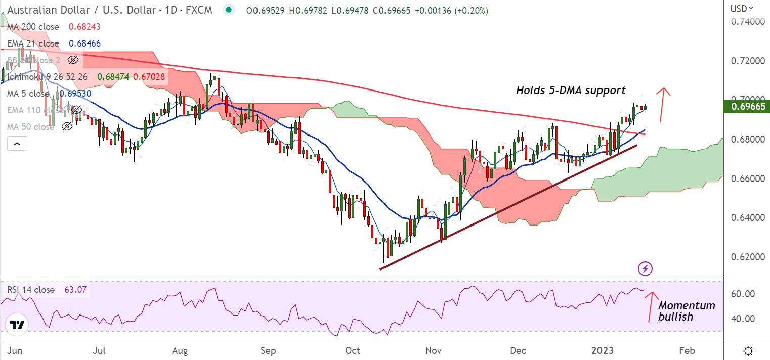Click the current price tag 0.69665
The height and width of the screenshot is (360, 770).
pyautogui.click(x=746, y=106)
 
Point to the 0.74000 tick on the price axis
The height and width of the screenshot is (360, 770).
pyautogui.click(x=746, y=22)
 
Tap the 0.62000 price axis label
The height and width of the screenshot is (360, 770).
pyautogui.click(x=746, y=257)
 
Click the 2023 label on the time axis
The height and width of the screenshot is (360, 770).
pyautogui.click(x=603, y=350)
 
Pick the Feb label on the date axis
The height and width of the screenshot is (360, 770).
pyautogui.click(x=687, y=350)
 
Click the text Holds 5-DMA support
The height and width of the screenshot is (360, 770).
pyautogui.click(x=571, y=91)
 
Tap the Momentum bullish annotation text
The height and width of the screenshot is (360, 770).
pyautogui.click(x=686, y=311)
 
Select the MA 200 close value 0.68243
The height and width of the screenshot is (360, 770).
pyautogui.click(x=84, y=27)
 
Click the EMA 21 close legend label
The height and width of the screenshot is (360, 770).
pyautogui.click(x=33, y=43)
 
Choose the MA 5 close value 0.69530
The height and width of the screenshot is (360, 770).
pyautogui.click(x=75, y=94)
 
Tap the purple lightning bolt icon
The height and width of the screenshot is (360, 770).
pyautogui.click(x=645, y=268)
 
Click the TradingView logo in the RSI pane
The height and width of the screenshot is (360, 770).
pyautogui.click(x=17, y=325)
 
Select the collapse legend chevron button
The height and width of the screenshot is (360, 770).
pyautogui.click(x=17, y=144)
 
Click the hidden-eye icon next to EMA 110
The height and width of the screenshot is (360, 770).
pyautogui.click(x=76, y=110)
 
